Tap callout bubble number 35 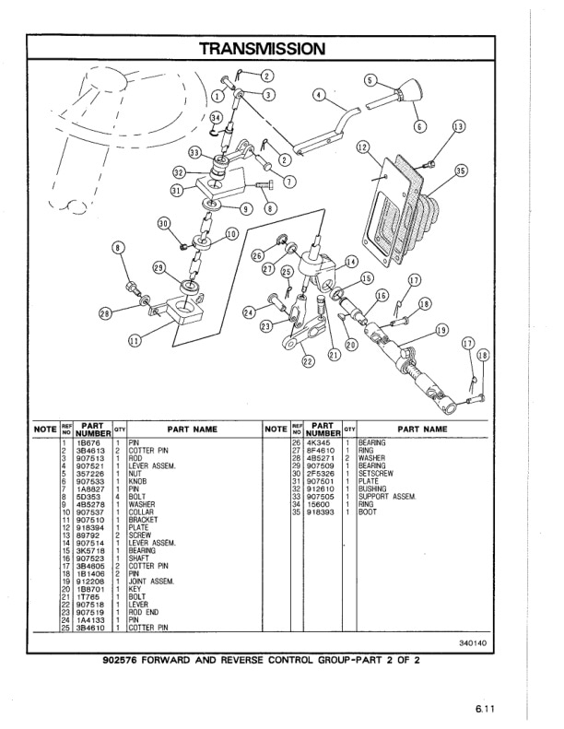pyautogui.click(x=461, y=170)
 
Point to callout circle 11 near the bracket pyautogui.click(x=135, y=340)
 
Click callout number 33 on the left pyautogui.click(x=194, y=152)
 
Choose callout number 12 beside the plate pyautogui.click(x=362, y=147)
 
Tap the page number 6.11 pyautogui.click(x=486, y=708)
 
